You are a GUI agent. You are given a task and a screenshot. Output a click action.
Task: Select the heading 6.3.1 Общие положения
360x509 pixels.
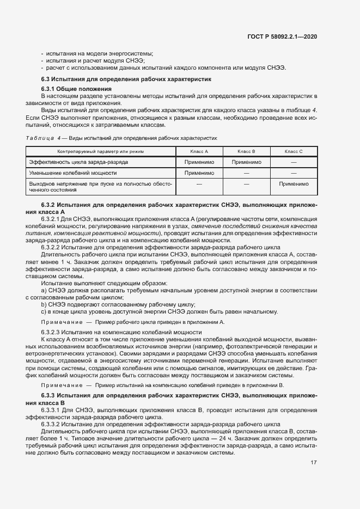coord(77,89)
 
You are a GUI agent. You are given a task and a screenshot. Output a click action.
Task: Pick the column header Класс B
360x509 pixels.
coord(246,151)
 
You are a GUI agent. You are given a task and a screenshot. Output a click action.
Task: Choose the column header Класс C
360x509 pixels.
coord(294,151)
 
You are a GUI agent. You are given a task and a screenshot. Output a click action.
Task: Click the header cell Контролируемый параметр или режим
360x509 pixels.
coord(101,151)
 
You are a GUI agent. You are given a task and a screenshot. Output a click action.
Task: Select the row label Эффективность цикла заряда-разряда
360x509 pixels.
coord(79,162)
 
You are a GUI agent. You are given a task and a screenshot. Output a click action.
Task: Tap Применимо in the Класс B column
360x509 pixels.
coord(246,162)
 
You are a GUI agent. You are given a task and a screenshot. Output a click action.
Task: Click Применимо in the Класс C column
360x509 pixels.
coord(294,184)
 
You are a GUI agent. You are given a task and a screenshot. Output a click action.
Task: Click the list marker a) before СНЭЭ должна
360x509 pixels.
coord(44,291)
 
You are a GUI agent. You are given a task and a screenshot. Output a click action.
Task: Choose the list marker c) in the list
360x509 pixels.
coord(44,311)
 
